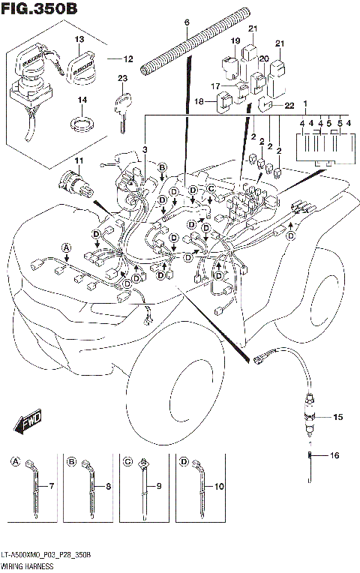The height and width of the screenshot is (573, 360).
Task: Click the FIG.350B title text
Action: pyautogui.click(x=40, y=10)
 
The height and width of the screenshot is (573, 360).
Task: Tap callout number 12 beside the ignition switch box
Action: pyautogui.click(x=128, y=58)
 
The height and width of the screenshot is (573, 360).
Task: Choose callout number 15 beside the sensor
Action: pyautogui.click(x=337, y=416)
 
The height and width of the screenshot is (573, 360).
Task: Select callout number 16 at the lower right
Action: pyautogui.click(x=335, y=455)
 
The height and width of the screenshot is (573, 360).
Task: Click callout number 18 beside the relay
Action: pyautogui.click(x=199, y=101)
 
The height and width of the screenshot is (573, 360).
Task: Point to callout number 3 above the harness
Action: pyautogui.click(x=145, y=151)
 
